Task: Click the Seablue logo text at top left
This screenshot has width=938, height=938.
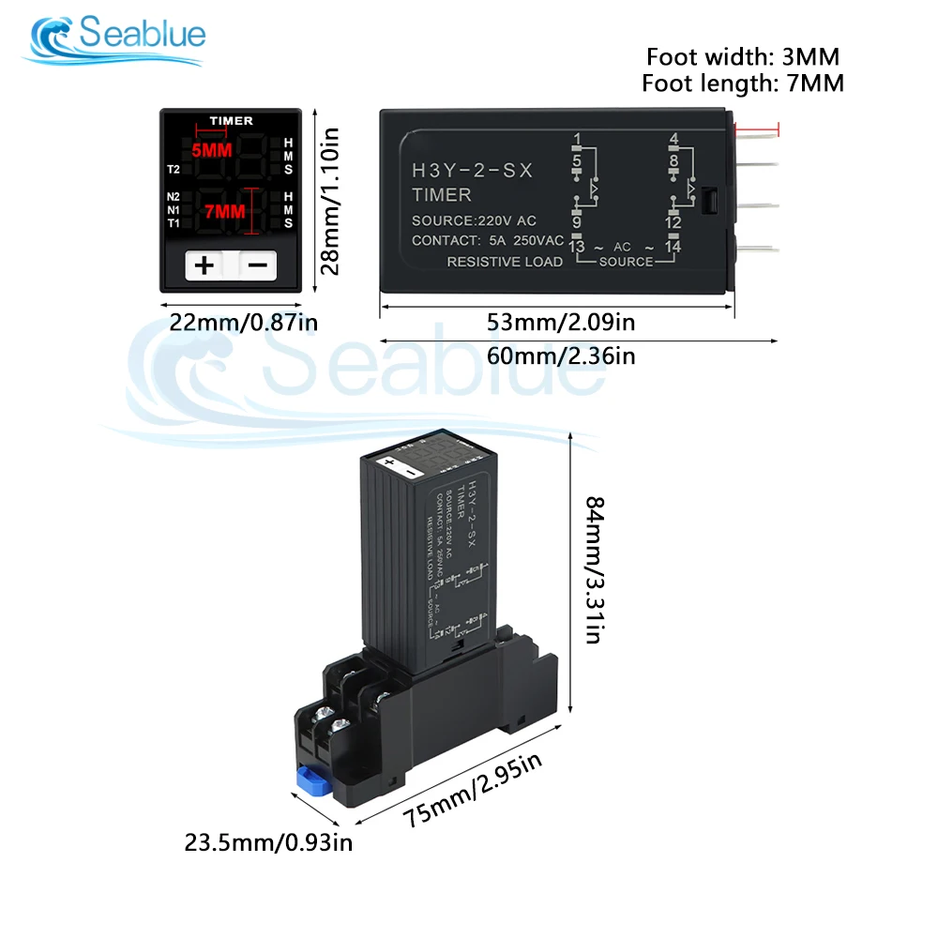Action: click(x=142, y=36)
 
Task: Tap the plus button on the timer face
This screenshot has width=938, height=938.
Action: click(x=204, y=265)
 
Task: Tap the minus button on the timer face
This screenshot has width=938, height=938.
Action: click(x=258, y=265)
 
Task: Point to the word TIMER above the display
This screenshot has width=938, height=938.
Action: click(x=231, y=121)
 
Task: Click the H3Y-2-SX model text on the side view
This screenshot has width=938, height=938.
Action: click(x=472, y=171)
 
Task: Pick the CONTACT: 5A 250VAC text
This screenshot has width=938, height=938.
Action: click(x=487, y=240)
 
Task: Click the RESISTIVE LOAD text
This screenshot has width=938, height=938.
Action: click(x=504, y=261)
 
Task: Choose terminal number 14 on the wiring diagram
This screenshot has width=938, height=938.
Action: click(x=672, y=246)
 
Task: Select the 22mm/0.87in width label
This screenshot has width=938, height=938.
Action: click(x=244, y=324)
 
